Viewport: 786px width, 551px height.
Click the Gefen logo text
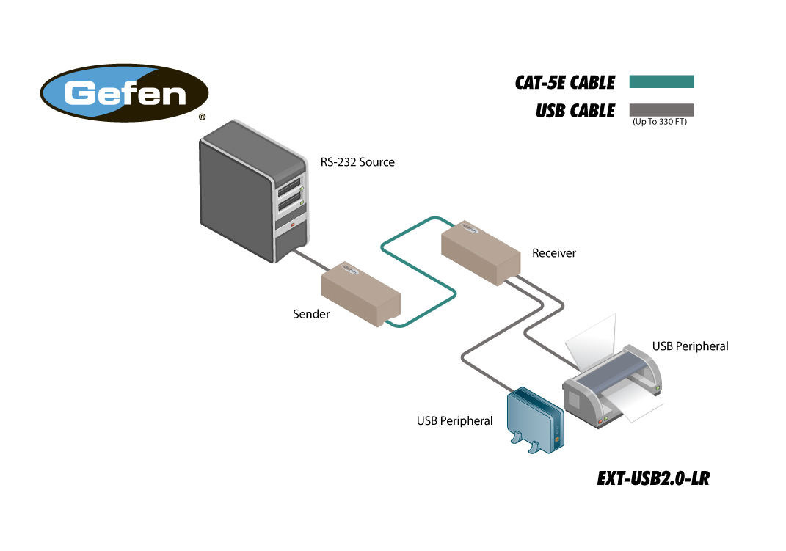125,93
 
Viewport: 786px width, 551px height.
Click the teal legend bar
661,81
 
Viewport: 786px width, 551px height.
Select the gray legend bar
661,110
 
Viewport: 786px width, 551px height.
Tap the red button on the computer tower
292,225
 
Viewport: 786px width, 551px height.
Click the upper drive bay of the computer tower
290,187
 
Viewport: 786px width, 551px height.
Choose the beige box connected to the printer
481,252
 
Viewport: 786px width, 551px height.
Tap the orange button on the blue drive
557,439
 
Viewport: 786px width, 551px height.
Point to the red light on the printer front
600,421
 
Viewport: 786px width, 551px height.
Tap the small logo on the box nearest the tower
349,270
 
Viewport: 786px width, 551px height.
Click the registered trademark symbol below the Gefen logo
202,117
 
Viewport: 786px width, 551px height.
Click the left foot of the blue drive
516,439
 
